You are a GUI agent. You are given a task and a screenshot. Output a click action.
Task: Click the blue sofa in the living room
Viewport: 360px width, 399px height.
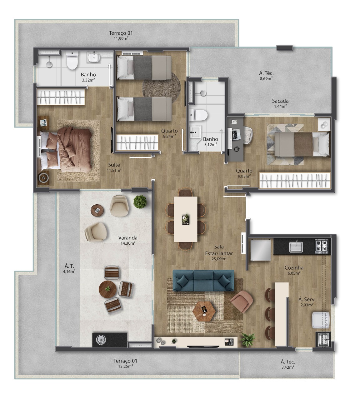[203, 280]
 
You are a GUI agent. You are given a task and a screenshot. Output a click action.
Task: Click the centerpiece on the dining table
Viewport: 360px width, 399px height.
[186, 219]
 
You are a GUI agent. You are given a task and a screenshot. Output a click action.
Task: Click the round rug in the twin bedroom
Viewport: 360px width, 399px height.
[161, 87]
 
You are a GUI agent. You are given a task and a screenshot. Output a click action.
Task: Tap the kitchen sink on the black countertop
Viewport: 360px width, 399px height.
[296, 247]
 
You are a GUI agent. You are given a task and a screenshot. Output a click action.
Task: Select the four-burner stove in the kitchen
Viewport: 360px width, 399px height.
[321, 247]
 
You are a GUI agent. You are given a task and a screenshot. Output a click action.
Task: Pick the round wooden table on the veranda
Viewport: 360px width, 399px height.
[108, 289]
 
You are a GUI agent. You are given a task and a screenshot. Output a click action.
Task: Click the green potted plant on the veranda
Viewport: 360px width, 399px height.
[140, 202]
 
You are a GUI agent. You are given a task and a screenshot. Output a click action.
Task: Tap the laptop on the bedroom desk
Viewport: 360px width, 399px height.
[236, 134]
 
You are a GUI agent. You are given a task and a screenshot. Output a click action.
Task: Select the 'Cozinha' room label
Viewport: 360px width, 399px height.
[294, 268]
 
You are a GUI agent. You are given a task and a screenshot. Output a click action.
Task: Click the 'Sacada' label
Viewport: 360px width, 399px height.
[280, 101]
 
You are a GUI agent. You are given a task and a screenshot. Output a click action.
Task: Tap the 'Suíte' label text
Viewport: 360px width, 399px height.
[114, 165]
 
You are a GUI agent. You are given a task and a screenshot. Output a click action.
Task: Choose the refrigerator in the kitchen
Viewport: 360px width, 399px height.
[260, 250]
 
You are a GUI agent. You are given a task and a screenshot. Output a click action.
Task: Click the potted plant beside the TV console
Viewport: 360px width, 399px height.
[248, 340]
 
